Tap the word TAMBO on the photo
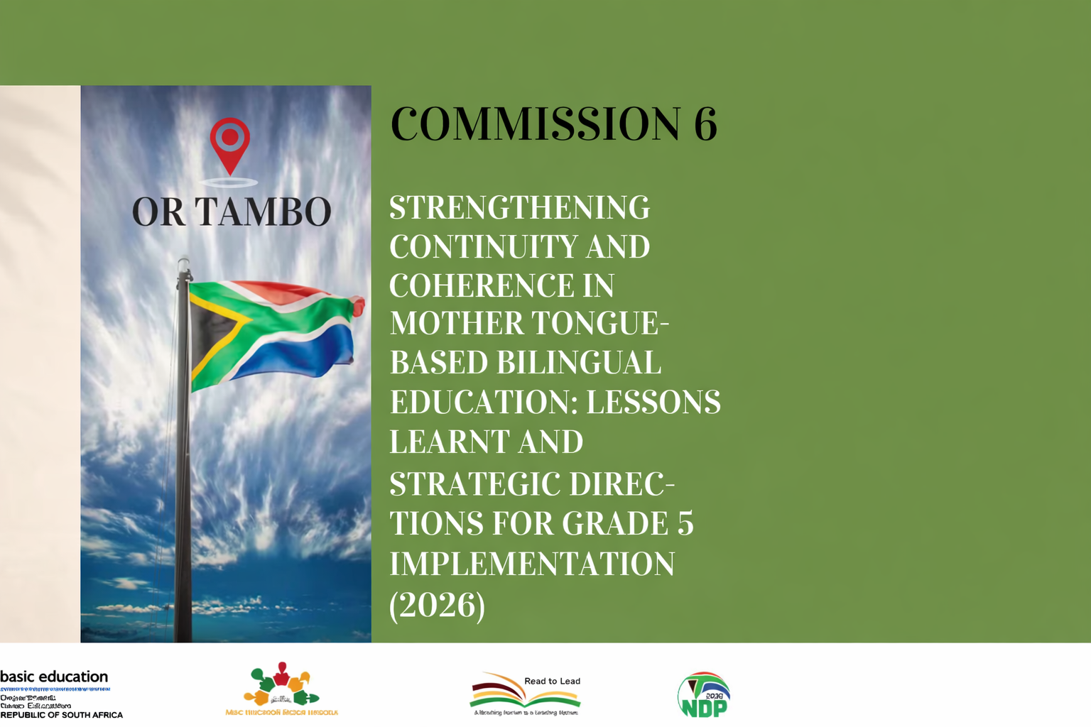(263, 212)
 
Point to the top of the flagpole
(184, 265)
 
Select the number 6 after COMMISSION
(705, 124)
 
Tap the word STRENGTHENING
(519, 208)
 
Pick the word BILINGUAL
(578, 363)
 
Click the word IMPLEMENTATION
(532, 564)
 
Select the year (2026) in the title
(438, 604)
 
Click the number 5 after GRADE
(685, 524)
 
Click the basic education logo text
(54, 677)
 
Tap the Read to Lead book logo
(525, 694)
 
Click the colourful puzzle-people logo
(281, 685)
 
